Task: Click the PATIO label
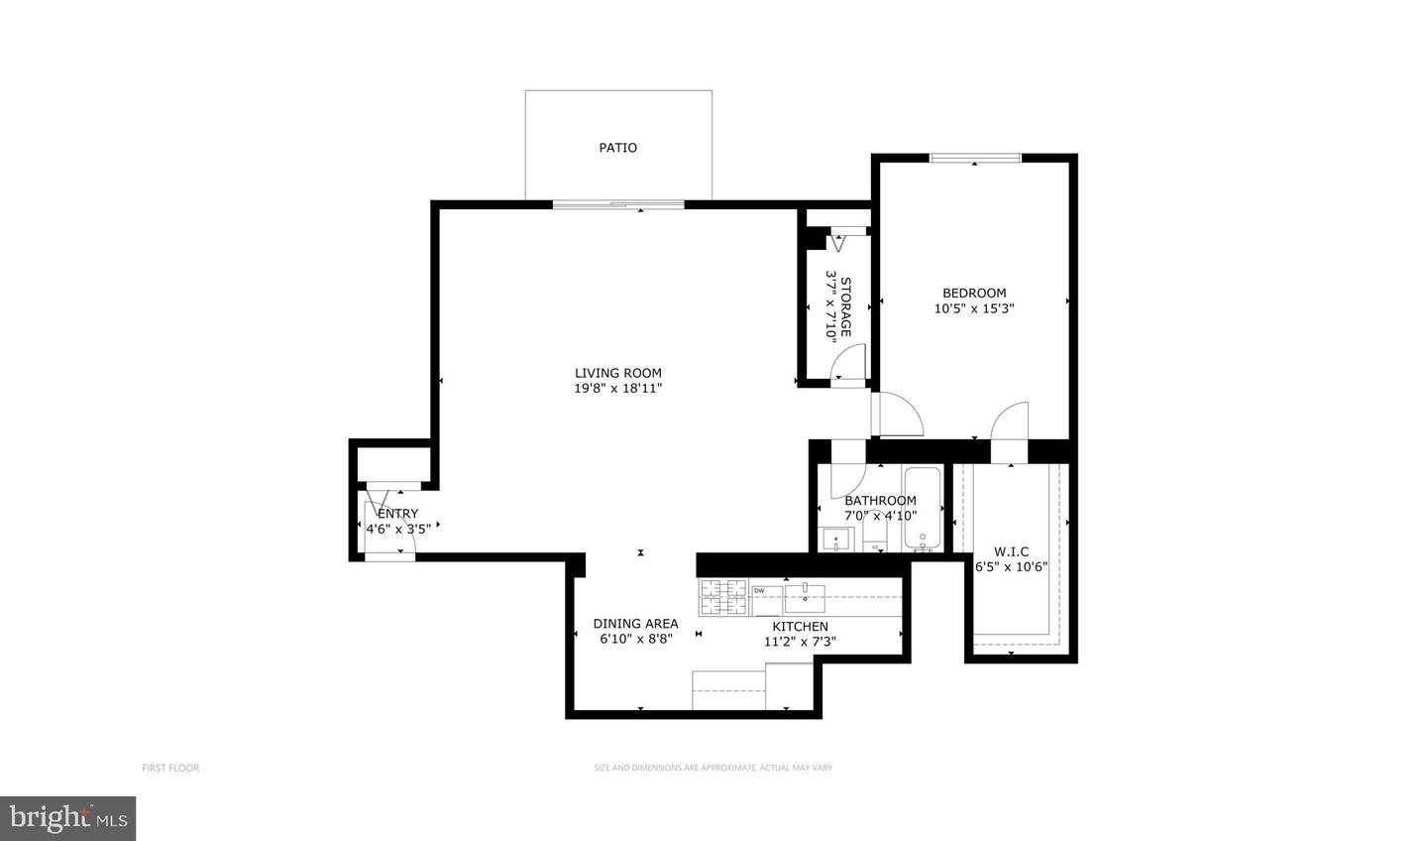tap(617, 148)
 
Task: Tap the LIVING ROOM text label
tap(617, 374)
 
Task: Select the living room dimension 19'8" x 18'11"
tap(617, 389)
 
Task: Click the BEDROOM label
tap(973, 293)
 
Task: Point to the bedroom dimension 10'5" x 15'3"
tap(973, 308)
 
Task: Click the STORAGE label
tap(846, 307)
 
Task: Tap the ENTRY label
tap(397, 514)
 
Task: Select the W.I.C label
tap(1011, 551)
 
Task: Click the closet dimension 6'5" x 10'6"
tap(1011, 567)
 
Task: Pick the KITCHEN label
tap(800, 627)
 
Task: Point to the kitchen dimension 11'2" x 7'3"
tap(800, 642)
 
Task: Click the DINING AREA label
tap(635, 624)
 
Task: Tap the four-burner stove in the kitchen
tap(723, 597)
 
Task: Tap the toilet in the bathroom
tap(876, 537)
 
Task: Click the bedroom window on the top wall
tap(975, 157)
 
